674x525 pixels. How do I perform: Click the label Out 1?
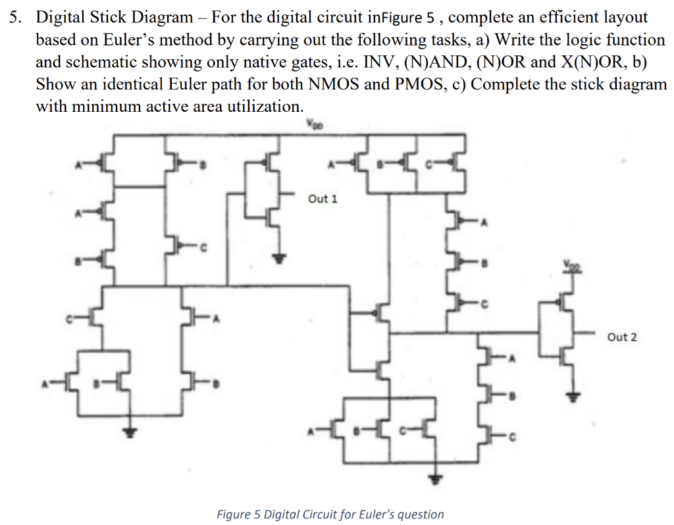(322, 199)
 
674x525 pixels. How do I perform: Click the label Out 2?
(622, 337)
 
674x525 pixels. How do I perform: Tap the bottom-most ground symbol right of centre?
(433, 479)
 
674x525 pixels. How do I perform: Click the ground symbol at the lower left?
(132, 432)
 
